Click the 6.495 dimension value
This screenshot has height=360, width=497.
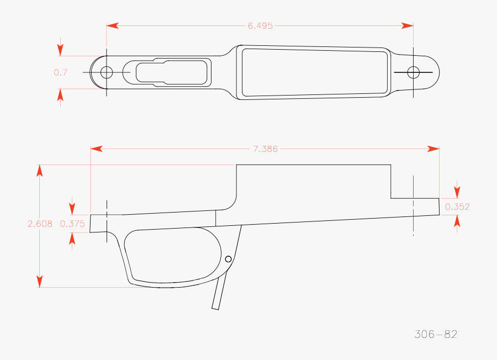click(x=260, y=25)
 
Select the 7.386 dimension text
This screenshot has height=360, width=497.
click(x=265, y=149)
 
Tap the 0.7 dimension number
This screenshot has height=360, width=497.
click(x=60, y=72)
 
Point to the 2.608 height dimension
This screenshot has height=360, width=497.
click(x=40, y=224)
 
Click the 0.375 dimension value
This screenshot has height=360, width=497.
click(x=72, y=224)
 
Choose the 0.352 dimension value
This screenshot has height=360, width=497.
click(x=457, y=207)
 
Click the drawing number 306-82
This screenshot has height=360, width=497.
click(x=436, y=334)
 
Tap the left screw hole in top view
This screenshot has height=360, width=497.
click(x=107, y=72)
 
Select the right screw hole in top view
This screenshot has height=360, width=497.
click(x=413, y=72)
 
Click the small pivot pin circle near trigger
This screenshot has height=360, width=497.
click(x=228, y=258)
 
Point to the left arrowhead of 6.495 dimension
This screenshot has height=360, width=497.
click(x=112, y=25)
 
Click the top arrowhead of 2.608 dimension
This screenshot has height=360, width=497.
click(x=40, y=170)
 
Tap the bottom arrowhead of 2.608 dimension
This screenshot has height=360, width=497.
click(x=40, y=281)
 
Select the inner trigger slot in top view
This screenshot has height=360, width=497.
click(x=172, y=72)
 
